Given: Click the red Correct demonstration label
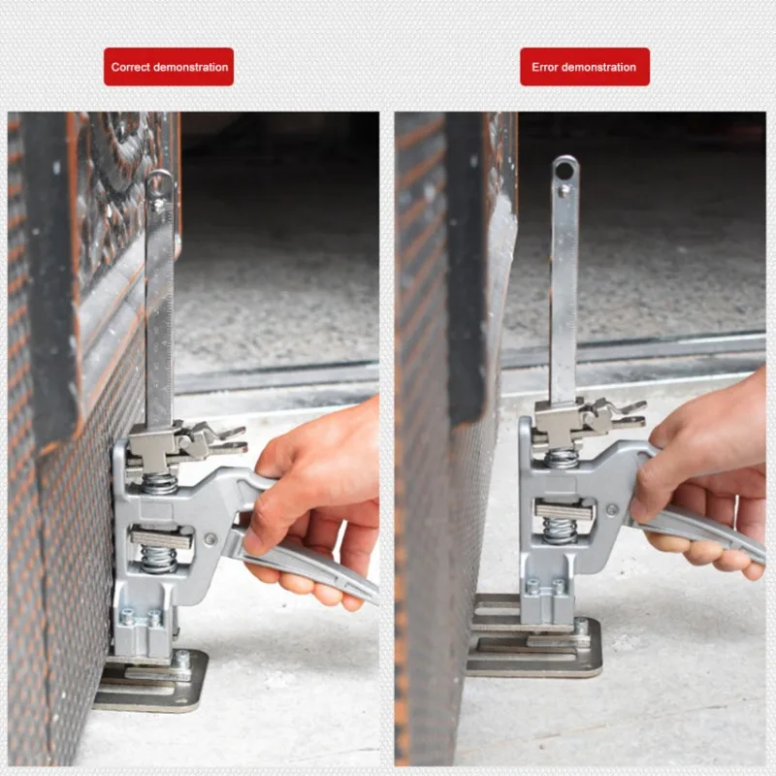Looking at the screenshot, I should (x=169, y=67).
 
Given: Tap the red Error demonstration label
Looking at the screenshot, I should (x=584, y=67).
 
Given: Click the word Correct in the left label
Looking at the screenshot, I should (x=130, y=67).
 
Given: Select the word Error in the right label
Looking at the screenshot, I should (x=546, y=67).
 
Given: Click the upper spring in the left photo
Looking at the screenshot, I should (x=160, y=482).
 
